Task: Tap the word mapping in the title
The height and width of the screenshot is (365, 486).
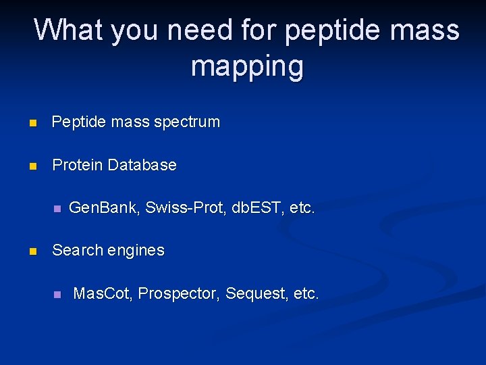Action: (247, 66)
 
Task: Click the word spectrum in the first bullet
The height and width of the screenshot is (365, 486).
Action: (187, 122)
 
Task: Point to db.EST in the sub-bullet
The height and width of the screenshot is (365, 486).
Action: (257, 208)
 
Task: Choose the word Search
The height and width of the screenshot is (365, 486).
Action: (75, 250)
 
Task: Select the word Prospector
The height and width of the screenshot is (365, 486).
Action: (178, 294)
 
